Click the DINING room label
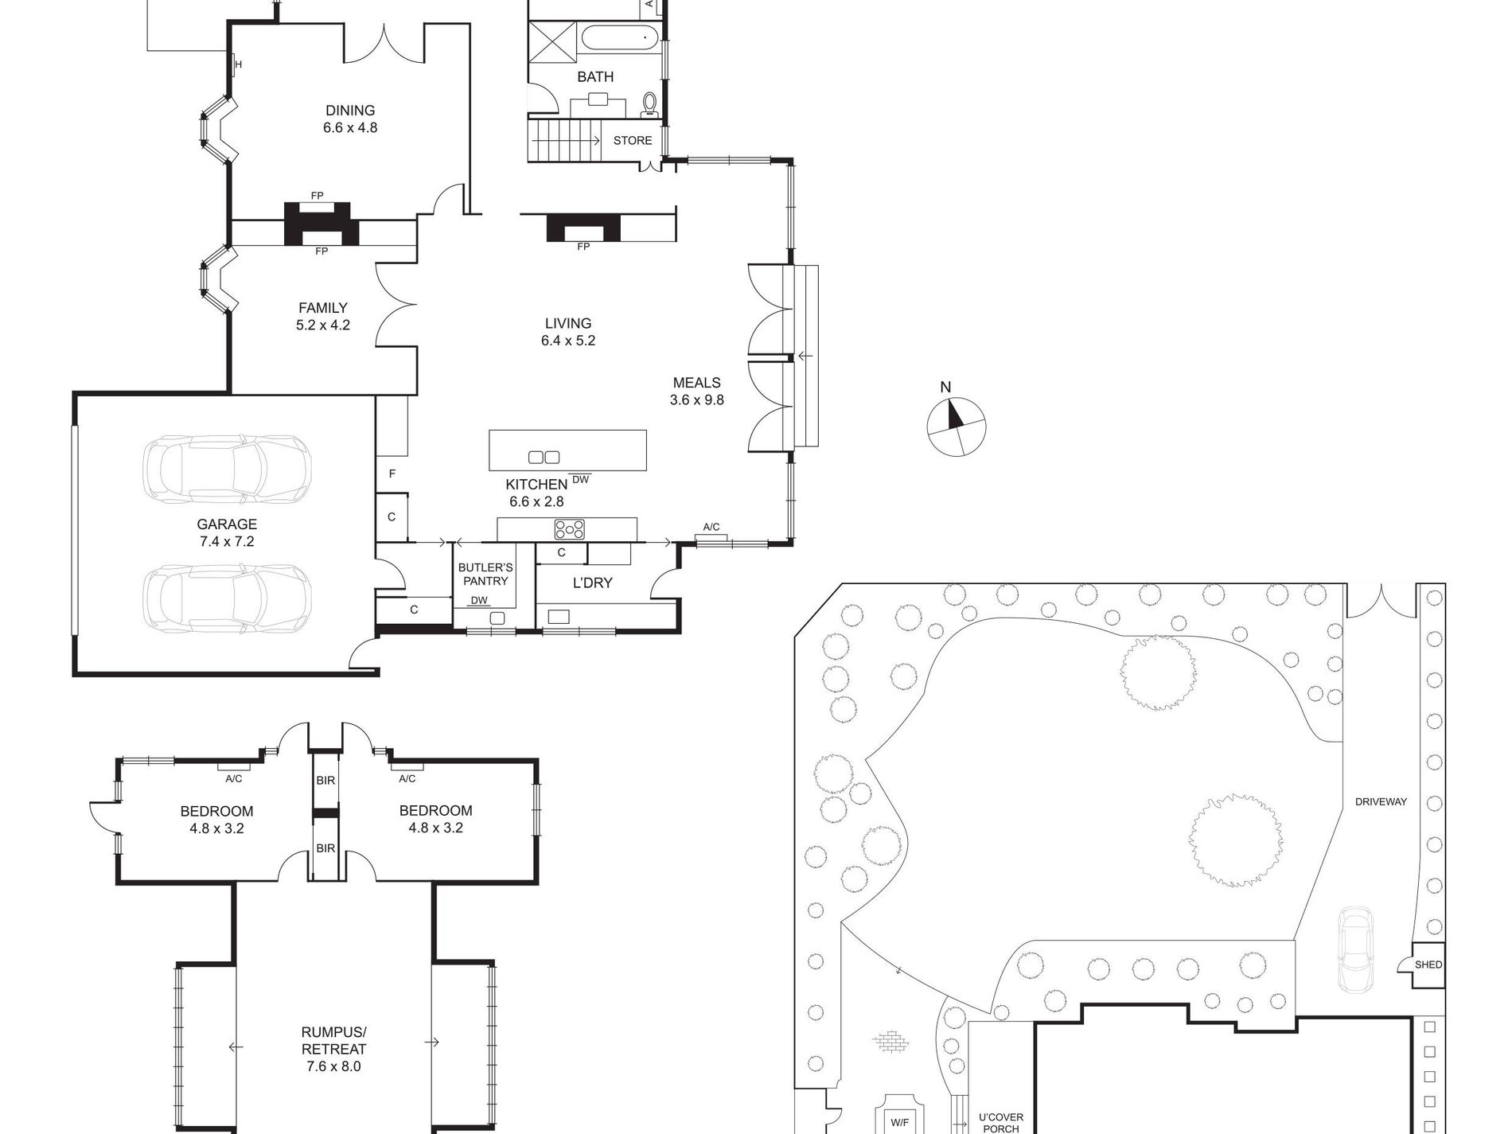tap(350, 111)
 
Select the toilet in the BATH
tap(650, 104)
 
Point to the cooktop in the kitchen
tap(570, 529)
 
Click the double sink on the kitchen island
tap(544, 457)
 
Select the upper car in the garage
tap(227, 469)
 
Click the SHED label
tap(1428, 964)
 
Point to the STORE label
tap(633, 141)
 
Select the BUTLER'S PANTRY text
tap(485, 575)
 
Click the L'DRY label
tap(593, 583)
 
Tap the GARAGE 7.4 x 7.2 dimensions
tap(228, 542)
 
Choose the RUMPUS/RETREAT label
tap(334, 1041)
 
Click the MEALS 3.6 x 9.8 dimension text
tap(697, 400)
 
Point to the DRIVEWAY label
tap(1381, 802)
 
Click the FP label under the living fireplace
tap(583, 247)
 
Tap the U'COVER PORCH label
tap(1001, 1123)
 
